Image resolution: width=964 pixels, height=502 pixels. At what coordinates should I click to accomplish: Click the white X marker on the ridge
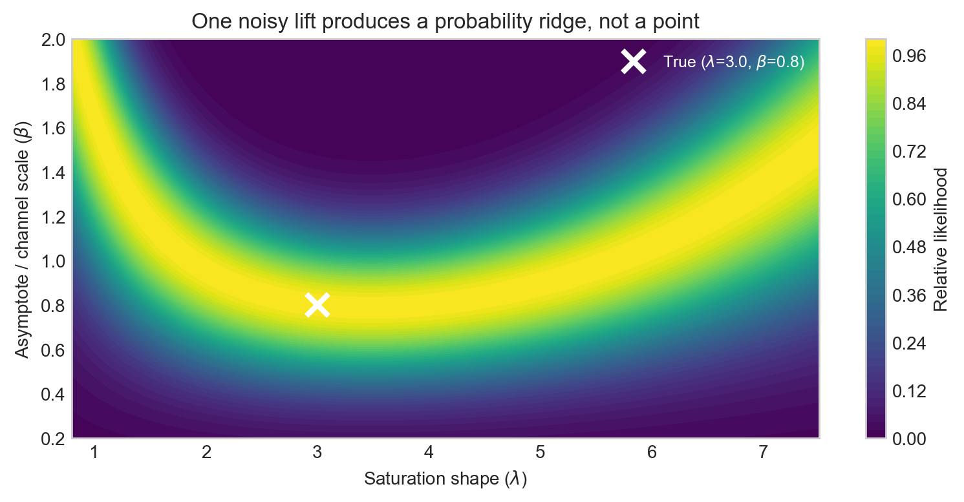click(317, 305)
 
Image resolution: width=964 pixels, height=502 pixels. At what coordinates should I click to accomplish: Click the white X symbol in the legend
click(634, 61)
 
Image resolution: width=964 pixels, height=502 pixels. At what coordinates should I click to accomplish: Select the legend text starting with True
click(733, 63)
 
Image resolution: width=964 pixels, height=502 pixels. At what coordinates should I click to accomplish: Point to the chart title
click(445, 22)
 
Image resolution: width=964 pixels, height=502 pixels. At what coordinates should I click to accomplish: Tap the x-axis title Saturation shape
click(445, 479)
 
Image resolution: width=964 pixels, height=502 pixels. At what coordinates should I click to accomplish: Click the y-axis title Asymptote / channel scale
click(23, 238)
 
